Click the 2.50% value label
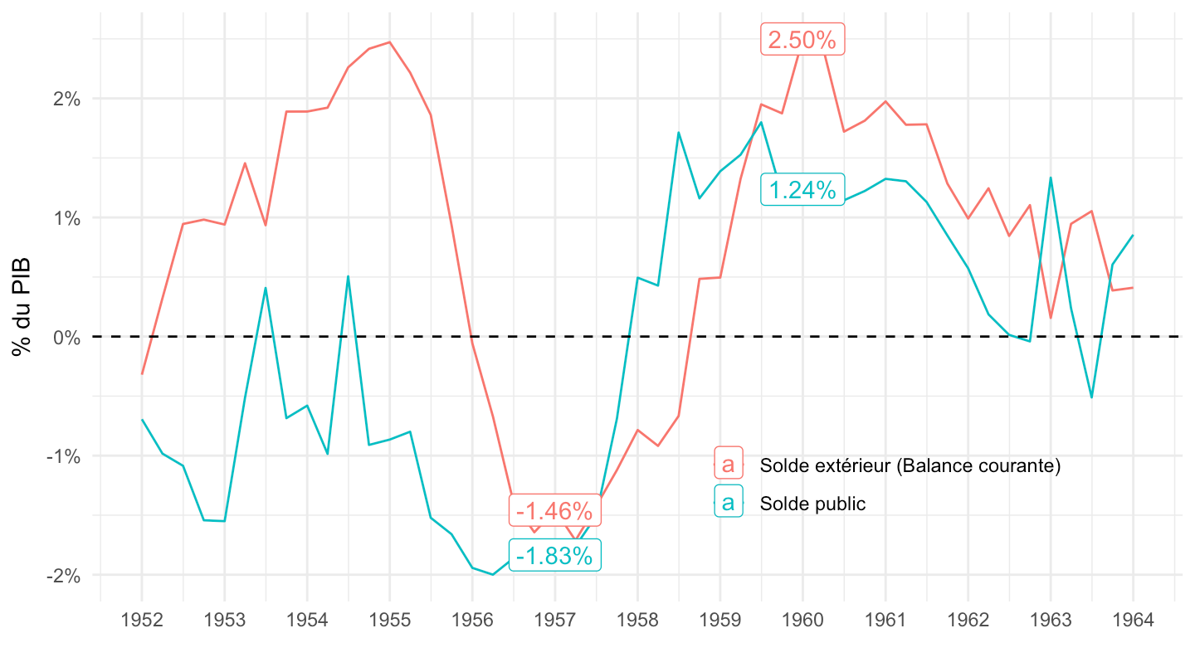coord(802,40)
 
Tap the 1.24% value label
coord(802,190)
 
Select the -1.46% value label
coord(554,509)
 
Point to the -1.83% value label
coord(554,556)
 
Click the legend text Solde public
coord(812,504)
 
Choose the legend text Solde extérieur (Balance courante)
coord(910,465)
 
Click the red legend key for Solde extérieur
coord(728,464)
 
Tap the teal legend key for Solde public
coord(728,502)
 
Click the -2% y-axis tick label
coord(63,575)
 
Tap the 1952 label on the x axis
coord(141,620)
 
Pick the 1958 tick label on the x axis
coord(637,620)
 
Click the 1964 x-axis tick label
coord(1132,620)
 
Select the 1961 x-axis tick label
coord(885,620)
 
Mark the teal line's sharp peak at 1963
coord(1051,178)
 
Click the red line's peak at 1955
coord(389,41)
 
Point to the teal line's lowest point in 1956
coord(493,574)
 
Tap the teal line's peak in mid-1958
coord(678,133)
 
